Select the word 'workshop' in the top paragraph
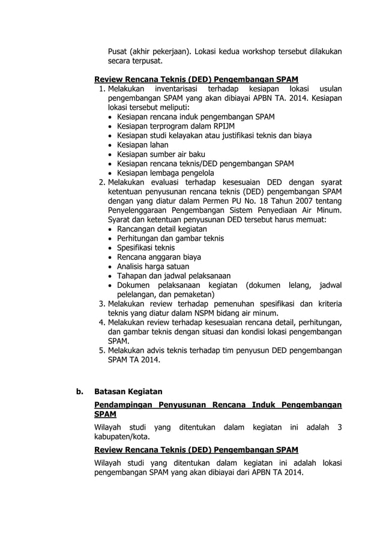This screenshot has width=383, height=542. tap(261, 52)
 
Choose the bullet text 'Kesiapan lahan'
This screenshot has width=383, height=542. tap(142, 145)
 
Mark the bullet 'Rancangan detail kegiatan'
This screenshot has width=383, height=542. tap(162, 229)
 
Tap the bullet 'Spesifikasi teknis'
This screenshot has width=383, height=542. tap(146, 248)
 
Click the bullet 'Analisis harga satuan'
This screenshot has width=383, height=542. tap(153, 266)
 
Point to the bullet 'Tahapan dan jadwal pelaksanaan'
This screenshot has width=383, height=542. tap(174, 276)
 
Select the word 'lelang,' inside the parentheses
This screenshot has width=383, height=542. tap(295, 285)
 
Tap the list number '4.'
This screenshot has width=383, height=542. tap(102, 323)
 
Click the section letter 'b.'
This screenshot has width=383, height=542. tap(79, 392)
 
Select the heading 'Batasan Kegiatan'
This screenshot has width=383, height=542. tap(128, 392)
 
